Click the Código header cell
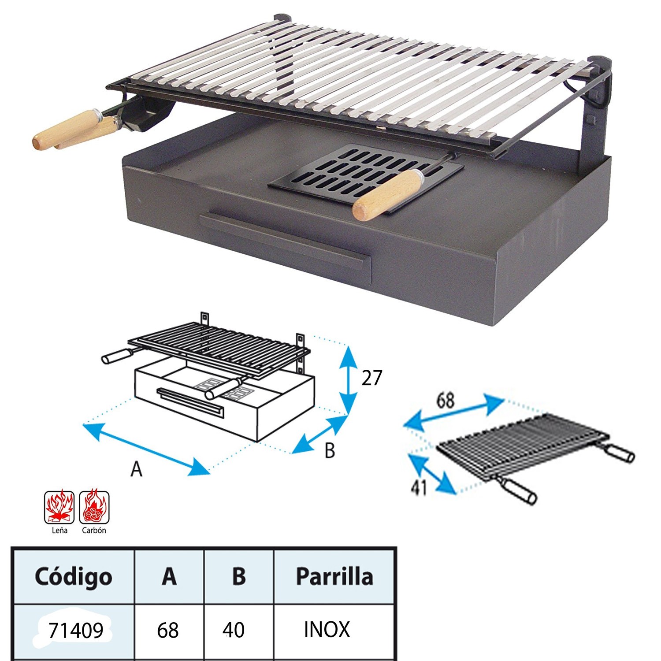point(74,576)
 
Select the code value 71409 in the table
point(76,630)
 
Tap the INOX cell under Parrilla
point(327,629)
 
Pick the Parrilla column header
point(334,576)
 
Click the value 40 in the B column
point(234,630)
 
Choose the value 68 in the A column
point(168,630)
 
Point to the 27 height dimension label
point(371,378)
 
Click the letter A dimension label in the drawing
point(137,469)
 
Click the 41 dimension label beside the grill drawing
point(419,487)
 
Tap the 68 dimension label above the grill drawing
point(445,401)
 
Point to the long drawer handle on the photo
point(282,240)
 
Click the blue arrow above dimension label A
point(146,449)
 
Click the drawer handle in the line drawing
point(190,402)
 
